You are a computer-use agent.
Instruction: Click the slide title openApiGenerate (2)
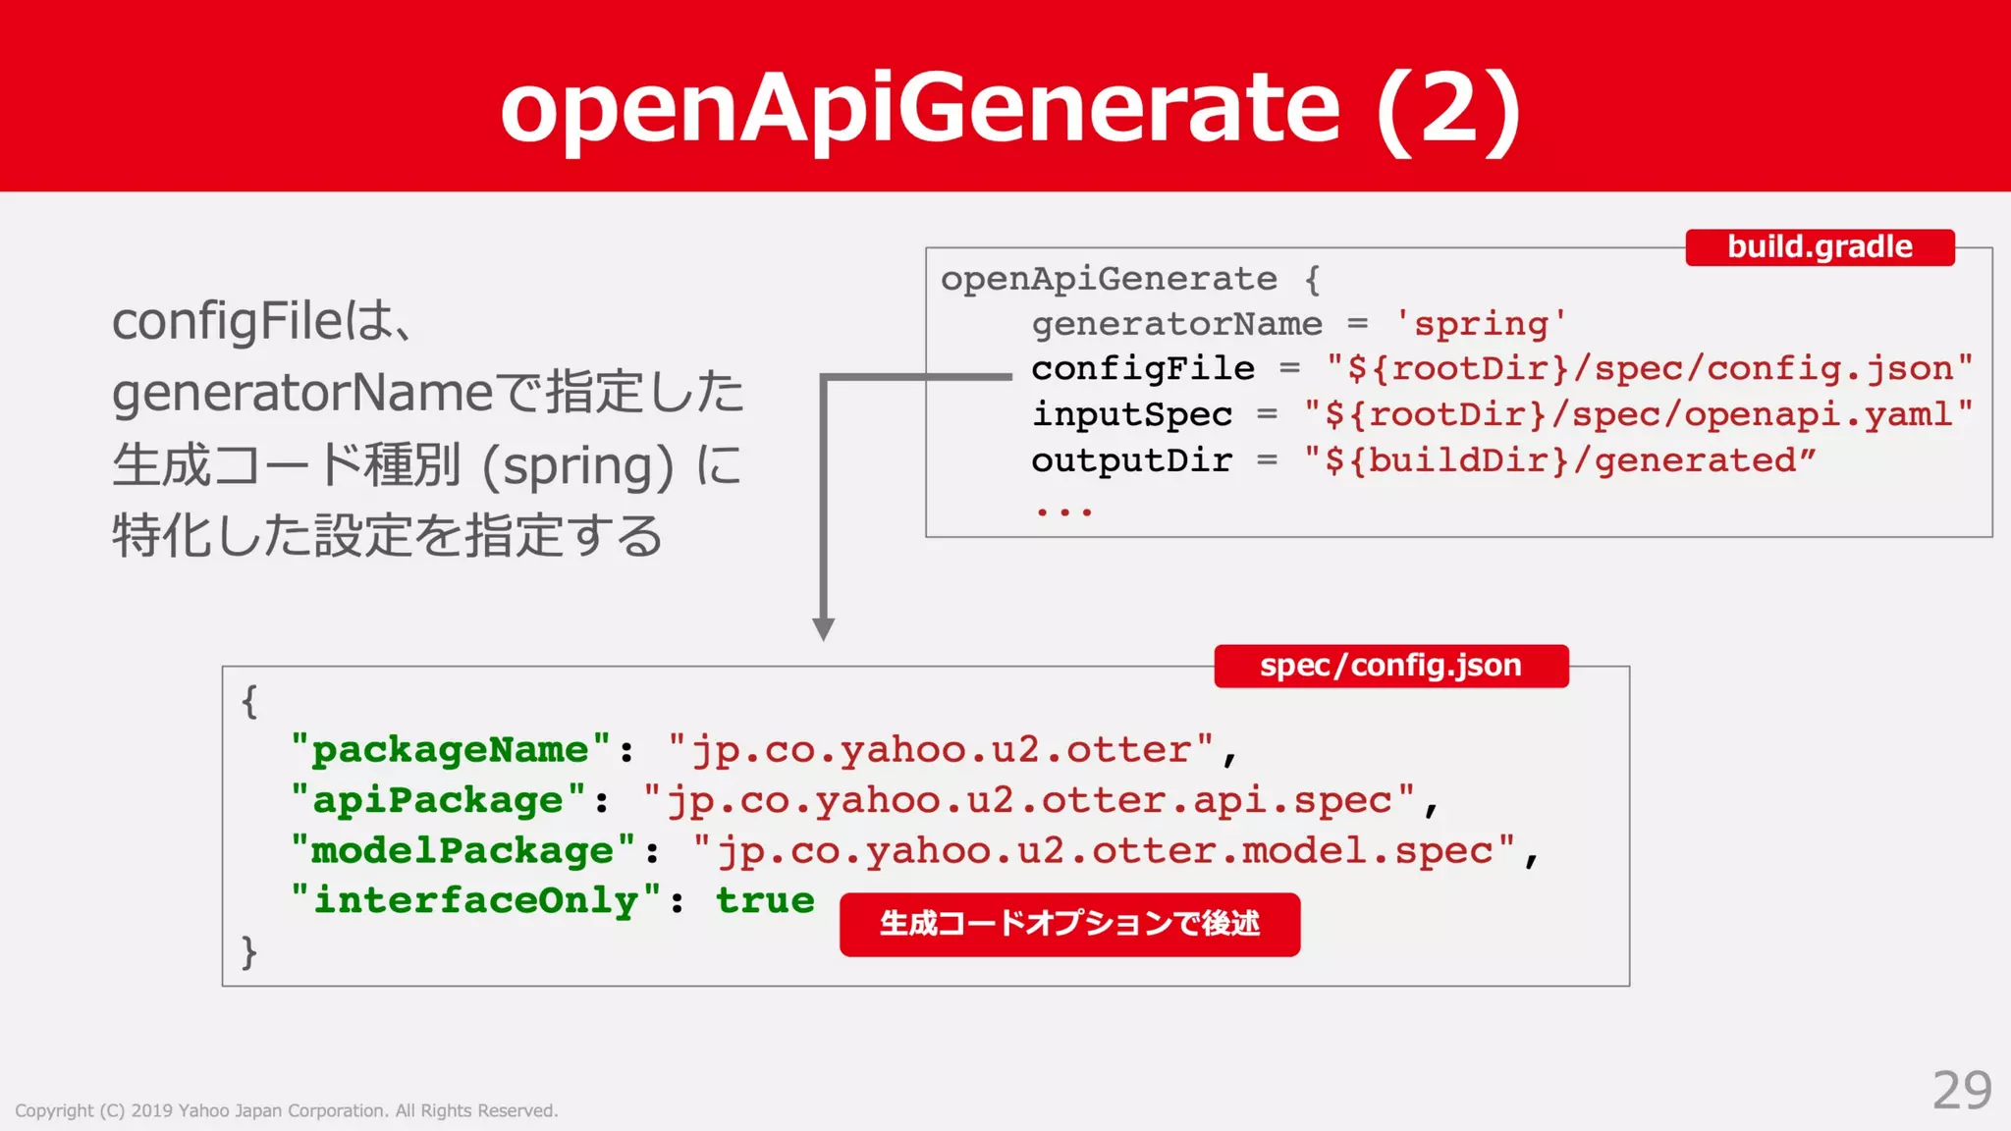coord(1010,108)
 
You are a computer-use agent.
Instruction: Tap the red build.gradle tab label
coord(1820,246)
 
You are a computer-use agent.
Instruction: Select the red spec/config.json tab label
coord(1390,666)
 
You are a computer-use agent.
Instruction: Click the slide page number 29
coord(1962,1090)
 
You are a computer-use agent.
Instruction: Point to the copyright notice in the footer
coord(286,1110)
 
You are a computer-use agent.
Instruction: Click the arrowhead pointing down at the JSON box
coord(824,628)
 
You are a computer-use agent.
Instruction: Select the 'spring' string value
coord(1481,323)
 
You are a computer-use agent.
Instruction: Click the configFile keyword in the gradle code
coord(1143,369)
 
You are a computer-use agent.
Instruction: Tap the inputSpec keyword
coord(1132,415)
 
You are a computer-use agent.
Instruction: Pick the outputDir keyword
coord(1132,460)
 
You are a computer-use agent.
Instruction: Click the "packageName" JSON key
coord(451,750)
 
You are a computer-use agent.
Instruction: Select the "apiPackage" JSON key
coord(438,800)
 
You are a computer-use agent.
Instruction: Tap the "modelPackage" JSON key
coord(463,850)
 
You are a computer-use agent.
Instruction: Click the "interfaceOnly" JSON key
coord(476,900)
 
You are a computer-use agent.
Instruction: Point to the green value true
coord(765,900)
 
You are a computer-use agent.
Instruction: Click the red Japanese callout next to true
coord(1069,924)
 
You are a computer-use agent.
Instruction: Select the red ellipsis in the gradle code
coord(1063,511)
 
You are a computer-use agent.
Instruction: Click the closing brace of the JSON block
coord(249,951)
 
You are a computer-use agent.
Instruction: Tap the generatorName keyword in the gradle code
coord(1176,323)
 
